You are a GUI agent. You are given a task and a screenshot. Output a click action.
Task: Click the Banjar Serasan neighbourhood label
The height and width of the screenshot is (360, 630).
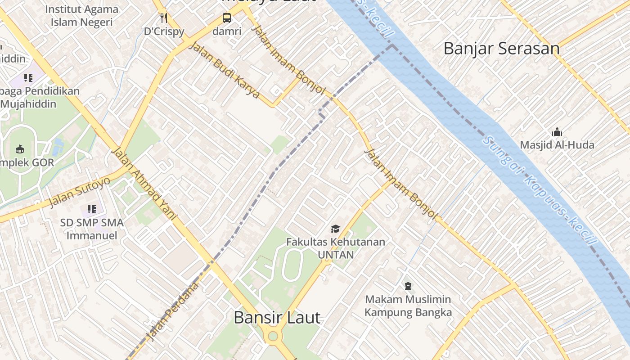point(501,49)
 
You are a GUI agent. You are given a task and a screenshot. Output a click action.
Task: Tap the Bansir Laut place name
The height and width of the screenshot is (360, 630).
point(277,318)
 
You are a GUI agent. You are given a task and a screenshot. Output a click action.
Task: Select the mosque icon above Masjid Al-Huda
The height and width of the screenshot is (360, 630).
point(557,132)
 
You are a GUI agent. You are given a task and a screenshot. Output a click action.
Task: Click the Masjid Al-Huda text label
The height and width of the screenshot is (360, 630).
point(557,145)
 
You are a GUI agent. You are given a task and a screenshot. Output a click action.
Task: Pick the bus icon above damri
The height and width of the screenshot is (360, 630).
point(227,18)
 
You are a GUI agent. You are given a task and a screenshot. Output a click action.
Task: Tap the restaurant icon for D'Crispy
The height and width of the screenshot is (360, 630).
point(164,18)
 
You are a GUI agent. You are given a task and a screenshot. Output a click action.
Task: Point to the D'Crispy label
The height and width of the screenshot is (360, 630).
point(164,31)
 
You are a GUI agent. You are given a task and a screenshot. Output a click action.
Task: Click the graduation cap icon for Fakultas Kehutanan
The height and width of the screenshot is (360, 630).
point(335,229)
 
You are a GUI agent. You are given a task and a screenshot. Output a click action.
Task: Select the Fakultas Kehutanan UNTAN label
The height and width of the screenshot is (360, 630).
point(335,248)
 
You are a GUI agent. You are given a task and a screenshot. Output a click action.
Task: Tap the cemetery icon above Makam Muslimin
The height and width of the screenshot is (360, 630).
point(408,286)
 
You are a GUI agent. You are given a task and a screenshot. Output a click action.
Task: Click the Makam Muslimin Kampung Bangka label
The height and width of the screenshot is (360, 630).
point(408,306)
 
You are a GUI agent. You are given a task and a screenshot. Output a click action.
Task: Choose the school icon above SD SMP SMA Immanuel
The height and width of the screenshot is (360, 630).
point(92,209)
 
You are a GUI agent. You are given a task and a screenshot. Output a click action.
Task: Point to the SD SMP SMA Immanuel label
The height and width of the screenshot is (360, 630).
point(92,229)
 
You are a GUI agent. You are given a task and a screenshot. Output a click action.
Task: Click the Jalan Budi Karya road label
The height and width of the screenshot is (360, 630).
point(225,70)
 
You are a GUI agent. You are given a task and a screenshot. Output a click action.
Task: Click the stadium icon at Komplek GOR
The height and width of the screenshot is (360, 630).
point(20,149)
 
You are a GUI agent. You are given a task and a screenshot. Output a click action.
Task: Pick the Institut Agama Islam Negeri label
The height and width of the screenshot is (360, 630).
point(81,15)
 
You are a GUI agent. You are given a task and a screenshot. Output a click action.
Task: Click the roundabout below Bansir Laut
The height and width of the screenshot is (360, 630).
point(273,336)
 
